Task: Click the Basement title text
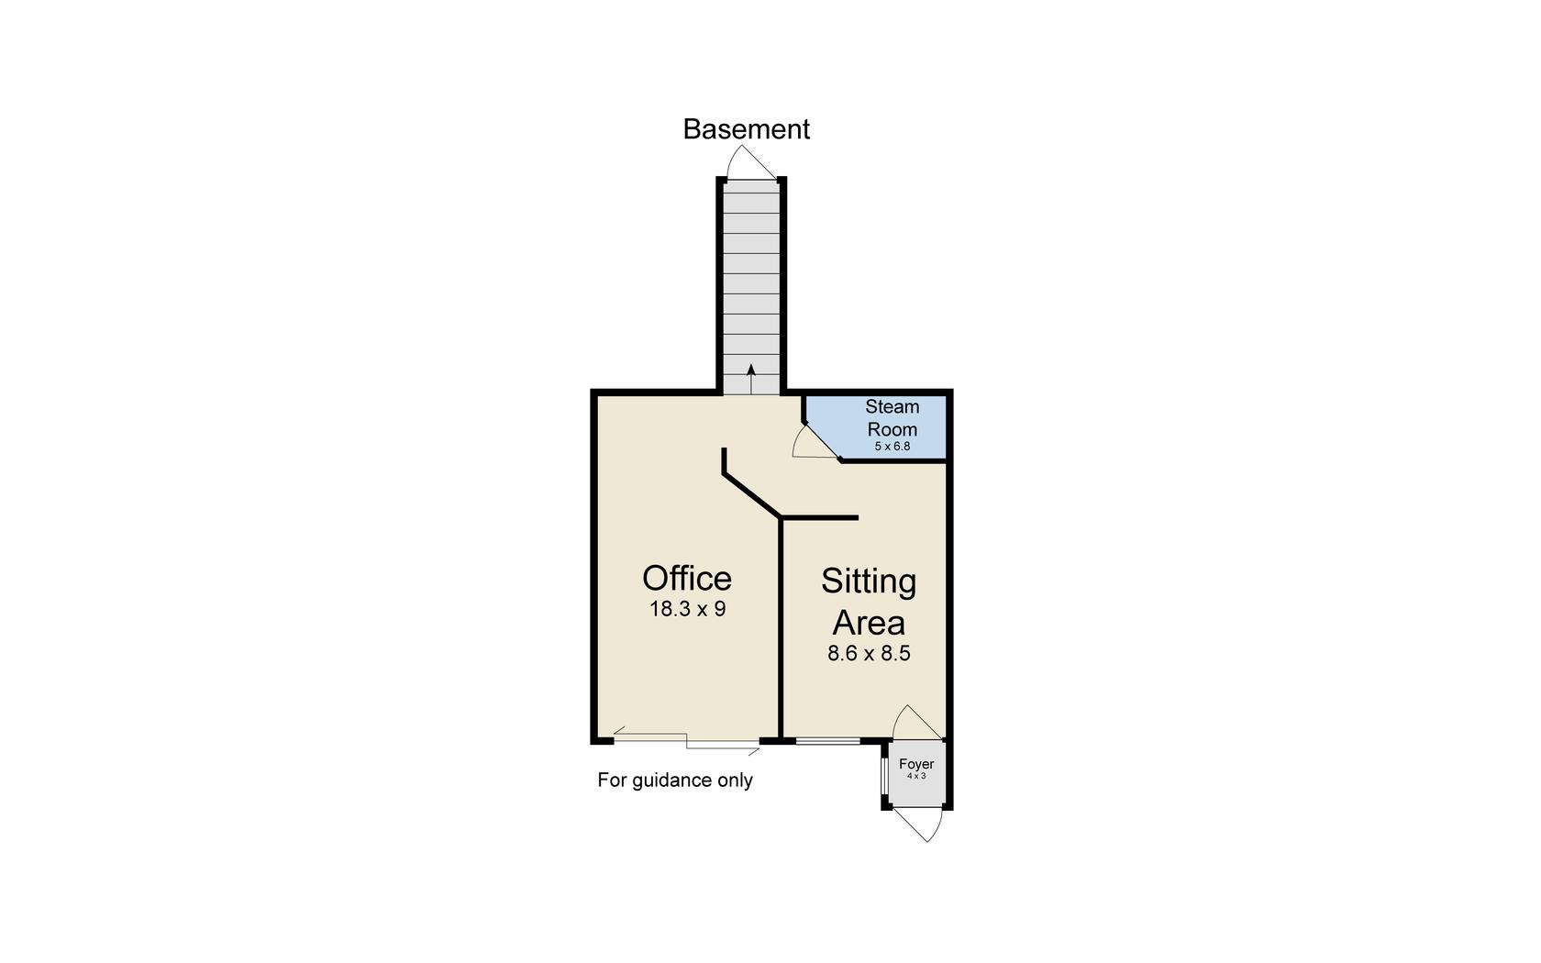tap(746, 129)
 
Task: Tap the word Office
tap(687, 579)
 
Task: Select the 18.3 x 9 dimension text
tap(687, 609)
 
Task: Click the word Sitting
tap(868, 581)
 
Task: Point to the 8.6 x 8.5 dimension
tap(868, 654)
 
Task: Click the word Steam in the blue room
tap(892, 406)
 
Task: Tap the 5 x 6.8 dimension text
tap(892, 447)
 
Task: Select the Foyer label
tap(916, 764)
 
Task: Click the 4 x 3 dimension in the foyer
tap(916, 776)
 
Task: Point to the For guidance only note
tap(675, 780)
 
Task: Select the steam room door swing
tap(812, 443)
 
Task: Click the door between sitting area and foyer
tap(914, 723)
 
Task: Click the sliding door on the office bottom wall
tap(686, 740)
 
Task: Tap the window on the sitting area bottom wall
tap(827, 740)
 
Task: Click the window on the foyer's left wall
tap(883, 775)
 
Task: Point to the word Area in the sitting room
tap(868, 624)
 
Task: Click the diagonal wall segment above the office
tap(751, 495)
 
